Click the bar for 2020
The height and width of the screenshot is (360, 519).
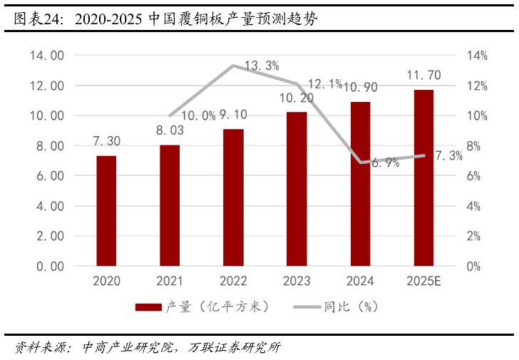coord(106,211)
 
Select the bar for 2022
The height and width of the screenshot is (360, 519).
coord(232,197)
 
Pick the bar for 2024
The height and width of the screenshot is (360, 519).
coord(360,184)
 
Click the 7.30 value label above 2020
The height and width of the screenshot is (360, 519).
coord(106,142)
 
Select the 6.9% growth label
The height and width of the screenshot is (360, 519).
coord(385,163)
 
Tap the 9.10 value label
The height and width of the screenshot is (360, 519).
coord(232,114)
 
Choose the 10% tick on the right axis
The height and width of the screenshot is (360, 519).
coord(477,115)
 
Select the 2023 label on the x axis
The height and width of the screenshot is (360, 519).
coord(296,281)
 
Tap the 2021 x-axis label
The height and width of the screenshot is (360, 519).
coord(170,281)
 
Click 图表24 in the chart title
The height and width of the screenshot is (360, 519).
coord(30,19)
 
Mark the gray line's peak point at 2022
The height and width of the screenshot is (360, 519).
coord(233,66)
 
